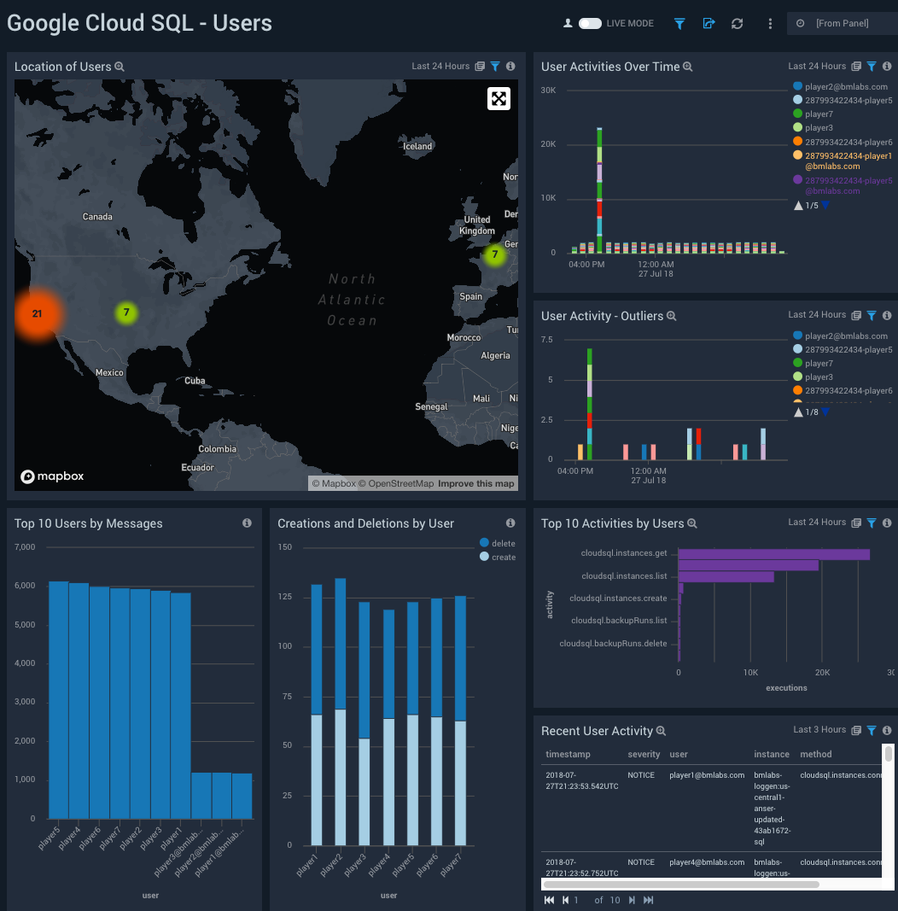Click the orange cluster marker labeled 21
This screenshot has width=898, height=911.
click(x=37, y=313)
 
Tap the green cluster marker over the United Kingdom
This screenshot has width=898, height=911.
click(x=494, y=254)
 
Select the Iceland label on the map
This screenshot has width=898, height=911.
click(x=417, y=146)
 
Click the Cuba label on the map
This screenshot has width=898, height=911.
click(x=195, y=380)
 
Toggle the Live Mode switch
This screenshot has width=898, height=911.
click(x=590, y=24)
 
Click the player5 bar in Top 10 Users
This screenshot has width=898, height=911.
click(x=58, y=699)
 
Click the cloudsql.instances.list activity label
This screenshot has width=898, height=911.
click(x=624, y=576)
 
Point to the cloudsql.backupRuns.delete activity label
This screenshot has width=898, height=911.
click(x=613, y=643)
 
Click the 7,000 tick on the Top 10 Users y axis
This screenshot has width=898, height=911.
click(x=24, y=546)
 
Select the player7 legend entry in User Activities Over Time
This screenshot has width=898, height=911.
click(x=818, y=114)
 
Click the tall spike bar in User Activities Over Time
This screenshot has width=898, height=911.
click(x=599, y=190)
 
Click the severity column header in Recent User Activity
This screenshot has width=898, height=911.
click(x=644, y=754)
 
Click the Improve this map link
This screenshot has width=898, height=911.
click(x=476, y=483)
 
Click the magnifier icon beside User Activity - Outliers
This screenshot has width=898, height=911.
click(x=672, y=316)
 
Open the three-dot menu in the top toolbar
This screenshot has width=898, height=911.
click(x=770, y=24)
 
